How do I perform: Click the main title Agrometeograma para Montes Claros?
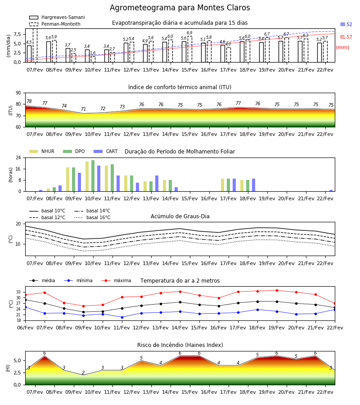point(180,8)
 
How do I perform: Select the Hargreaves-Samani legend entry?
point(57,17)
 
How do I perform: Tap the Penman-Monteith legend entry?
point(55,24)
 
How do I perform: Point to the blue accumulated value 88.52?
point(346,25)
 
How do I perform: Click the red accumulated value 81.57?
point(346,37)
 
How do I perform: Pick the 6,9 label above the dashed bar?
point(189,33)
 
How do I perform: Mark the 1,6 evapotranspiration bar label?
point(93,53)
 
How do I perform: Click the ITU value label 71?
point(83,109)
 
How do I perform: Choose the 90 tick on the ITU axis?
point(18,93)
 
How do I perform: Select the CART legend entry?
point(105,151)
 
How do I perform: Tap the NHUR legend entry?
point(42,151)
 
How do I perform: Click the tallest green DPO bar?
point(93,176)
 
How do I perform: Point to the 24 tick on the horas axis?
point(18,157)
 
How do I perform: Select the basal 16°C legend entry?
point(92,217)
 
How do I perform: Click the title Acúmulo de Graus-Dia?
point(180,216)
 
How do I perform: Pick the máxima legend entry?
point(116,280)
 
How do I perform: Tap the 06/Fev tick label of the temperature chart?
point(25,328)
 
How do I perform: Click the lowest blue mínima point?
point(122,317)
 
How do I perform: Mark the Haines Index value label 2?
point(83,373)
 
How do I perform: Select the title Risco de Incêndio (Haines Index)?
point(180,345)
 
